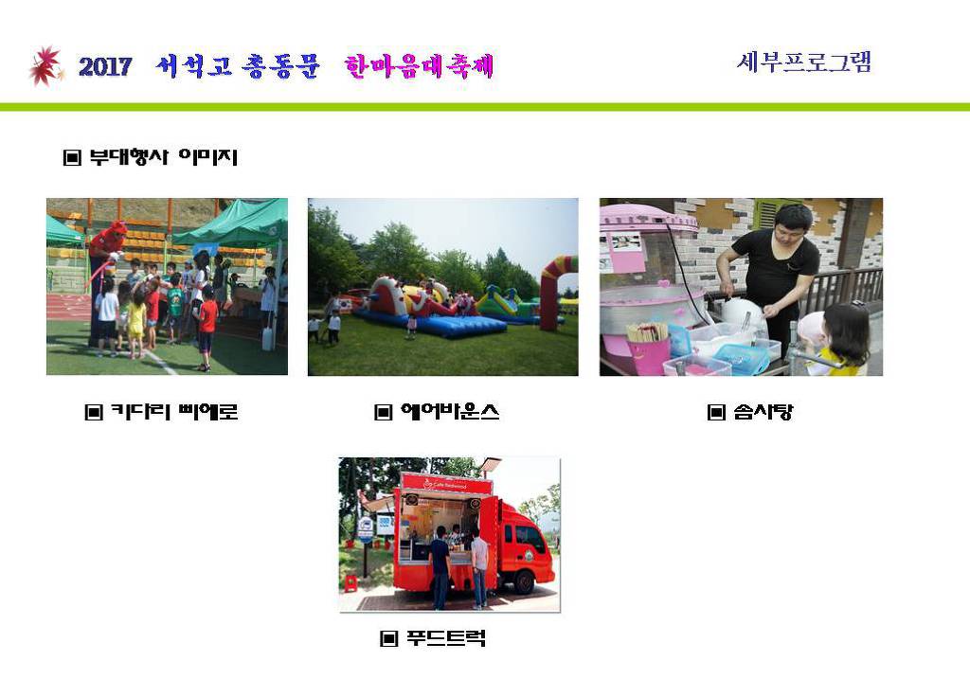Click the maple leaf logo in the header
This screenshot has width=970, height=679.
[45, 65]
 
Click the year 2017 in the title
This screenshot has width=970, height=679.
[105, 66]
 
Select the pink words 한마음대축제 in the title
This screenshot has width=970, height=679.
[420, 66]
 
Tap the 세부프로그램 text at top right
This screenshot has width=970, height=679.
[803, 62]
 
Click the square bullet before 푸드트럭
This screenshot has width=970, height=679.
[388, 638]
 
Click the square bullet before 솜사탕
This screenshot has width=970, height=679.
[716, 412]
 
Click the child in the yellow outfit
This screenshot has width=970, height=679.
[136, 322]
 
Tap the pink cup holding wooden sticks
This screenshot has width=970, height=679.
[648, 349]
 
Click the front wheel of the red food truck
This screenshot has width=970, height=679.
[525, 581]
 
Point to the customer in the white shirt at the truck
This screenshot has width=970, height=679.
[479, 567]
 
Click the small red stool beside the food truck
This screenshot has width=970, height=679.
[350, 583]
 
